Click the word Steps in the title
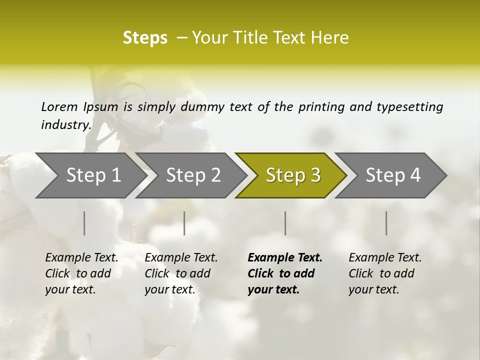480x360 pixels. pos(145,38)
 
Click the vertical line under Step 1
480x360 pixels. pos(84,223)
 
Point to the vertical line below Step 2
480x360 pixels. pos(184,223)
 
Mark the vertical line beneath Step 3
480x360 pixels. pos(285,223)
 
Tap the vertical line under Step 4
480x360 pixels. pos(386,223)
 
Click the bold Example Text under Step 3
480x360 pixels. pos(285,258)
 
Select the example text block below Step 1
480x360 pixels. pos(81,273)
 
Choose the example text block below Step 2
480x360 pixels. pos(181,273)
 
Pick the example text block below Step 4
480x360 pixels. pos(385,273)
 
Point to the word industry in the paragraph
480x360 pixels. pos(66,125)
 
